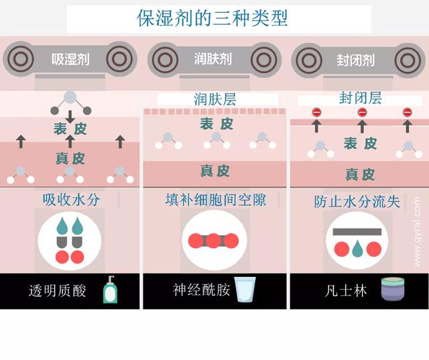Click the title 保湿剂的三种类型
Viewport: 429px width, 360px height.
(213, 17)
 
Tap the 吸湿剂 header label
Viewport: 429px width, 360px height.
(70, 59)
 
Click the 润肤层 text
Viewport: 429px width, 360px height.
(215, 99)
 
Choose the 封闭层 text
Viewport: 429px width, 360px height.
(360, 99)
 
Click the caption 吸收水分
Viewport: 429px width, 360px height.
(70, 200)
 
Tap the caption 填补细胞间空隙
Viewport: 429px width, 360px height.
(214, 200)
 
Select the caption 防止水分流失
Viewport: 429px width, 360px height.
(357, 201)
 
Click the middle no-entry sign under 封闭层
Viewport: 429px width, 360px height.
(362, 112)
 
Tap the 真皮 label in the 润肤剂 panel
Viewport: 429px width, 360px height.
(216, 170)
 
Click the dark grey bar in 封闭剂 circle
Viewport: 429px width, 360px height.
(357, 231)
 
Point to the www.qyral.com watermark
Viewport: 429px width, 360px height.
(417, 231)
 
